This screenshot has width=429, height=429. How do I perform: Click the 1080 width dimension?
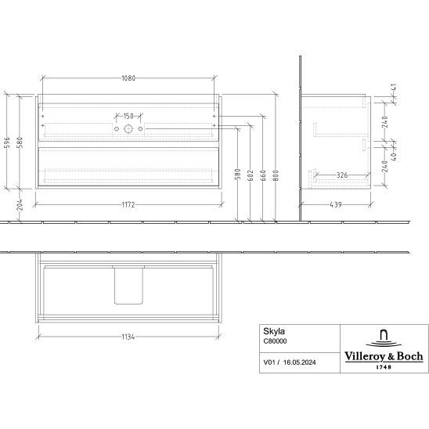pos(128,78)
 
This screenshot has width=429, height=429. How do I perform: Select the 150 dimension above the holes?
pos(128,117)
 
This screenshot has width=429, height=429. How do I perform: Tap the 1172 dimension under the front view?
pos(128,204)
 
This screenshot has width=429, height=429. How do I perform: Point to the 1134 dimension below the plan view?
pos(128,337)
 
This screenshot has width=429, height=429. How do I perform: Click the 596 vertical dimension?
pos(8,142)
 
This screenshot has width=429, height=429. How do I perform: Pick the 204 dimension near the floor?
pos(20,204)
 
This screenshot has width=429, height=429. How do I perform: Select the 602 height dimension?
pos(251,175)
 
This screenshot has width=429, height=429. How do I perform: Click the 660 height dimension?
pos(263,175)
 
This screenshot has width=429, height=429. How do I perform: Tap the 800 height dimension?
pos(276,175)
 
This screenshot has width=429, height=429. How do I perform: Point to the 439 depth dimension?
pos(336,204)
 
